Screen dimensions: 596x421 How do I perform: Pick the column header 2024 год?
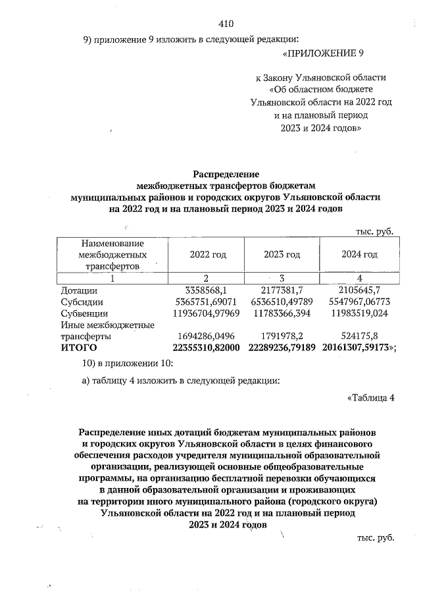359,254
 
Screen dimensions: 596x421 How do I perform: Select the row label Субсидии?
82,302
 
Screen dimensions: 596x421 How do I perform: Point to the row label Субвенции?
84,313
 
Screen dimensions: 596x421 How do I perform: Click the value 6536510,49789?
282,302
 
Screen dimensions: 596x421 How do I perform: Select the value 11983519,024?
359,313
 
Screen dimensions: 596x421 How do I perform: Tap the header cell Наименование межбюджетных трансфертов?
112,254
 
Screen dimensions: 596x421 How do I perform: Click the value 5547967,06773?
359,302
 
